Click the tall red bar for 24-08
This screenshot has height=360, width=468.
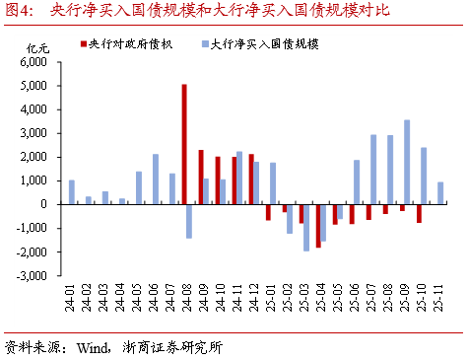coord(183,144)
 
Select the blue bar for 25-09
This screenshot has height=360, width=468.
coord(407,162)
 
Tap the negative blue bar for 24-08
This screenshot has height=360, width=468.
coord(189,221)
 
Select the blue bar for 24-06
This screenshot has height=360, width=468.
coord(156,179)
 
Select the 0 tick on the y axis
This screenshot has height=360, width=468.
coord(45,204)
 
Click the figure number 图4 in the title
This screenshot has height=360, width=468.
coord(19,11)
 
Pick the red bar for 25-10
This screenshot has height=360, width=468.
coord(419,213)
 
